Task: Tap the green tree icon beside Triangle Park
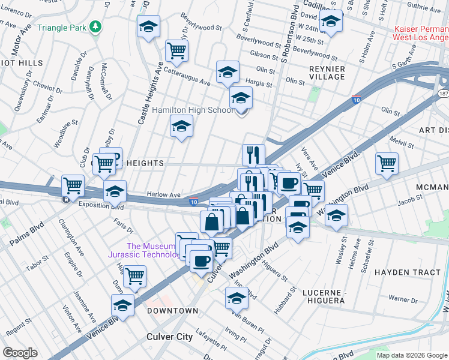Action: (x=95, y=27)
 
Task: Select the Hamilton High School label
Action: (x=192, y=110)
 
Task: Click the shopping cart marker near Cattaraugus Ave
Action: (x=176, y=50)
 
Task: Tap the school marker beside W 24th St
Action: (x=330, y=22)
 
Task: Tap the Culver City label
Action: (x=170, y=337)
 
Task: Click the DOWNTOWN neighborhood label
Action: (x=173, y=311)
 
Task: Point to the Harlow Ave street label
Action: (x=164, y=195)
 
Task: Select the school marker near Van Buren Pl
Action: (x=237, y=298)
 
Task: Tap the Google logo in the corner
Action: (x=20, y=353)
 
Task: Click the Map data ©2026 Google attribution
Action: (x=412, y=355)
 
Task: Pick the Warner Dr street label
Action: (x=402, y=298)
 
